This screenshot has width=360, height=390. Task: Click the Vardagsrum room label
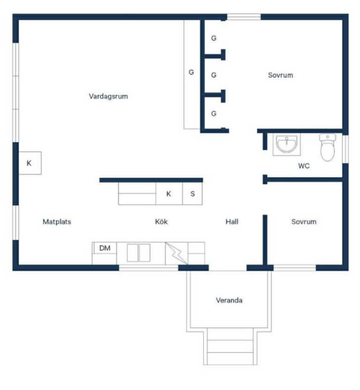pos(108,96)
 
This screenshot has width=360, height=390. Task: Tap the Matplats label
pos(57,222)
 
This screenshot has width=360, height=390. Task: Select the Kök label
pos(161,221)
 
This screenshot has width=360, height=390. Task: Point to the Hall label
pos(232,222)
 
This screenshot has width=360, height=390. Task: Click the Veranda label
pos(229,300)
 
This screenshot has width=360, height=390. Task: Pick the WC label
pos(304,166)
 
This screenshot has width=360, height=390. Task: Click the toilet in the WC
pos(327,147)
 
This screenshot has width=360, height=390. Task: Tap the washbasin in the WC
pos(287,145)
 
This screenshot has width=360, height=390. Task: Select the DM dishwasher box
pos(104,248)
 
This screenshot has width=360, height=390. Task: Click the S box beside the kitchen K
pos(192,193)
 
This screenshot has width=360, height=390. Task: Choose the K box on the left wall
pos(30,163)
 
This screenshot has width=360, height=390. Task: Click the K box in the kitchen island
pos(169,193)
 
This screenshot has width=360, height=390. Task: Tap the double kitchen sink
pos(139,253)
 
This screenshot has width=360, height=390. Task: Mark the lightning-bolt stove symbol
pos(177,253)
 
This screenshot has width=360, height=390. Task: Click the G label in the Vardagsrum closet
pos(191,72)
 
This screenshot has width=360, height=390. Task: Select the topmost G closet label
pos(214,38)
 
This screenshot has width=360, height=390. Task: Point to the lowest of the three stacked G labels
pos(214,114)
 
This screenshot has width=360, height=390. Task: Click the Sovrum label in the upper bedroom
pos(280,75)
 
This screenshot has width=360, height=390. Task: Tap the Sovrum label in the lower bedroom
pos(304,222)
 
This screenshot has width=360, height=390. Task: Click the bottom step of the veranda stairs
pos(230,358)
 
